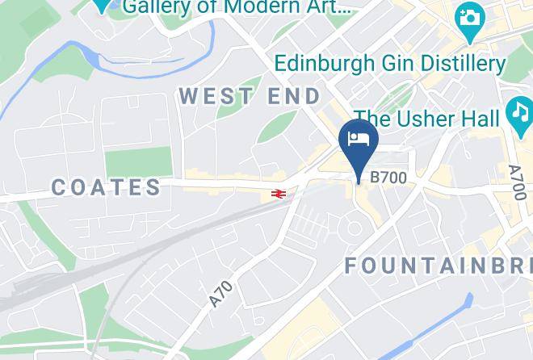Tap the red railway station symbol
tap(279, 194)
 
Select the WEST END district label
tap(250, 96)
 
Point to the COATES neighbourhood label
tap(107, 187)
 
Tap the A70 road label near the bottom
tap(220, 293)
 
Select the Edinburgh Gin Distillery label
tap(390, 63)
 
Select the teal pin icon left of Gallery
tap(101, 5)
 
